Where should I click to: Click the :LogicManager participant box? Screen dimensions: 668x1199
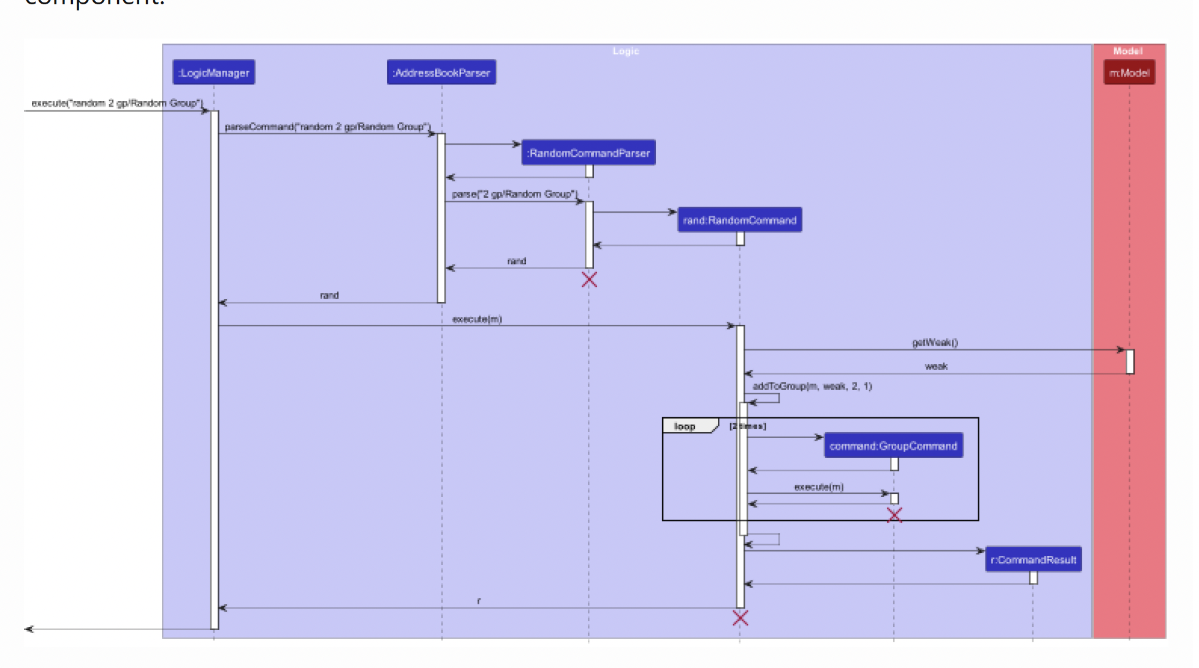pos(214,73)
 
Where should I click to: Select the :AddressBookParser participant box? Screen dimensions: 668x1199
pos(441,73)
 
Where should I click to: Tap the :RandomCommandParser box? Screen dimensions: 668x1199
pos(588,153)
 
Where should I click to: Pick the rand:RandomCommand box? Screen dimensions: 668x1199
pos(740,220)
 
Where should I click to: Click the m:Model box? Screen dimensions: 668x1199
pos(1129,73)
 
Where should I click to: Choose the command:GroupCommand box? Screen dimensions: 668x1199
pos(893,446)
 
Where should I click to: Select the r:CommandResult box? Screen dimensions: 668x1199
pos(1033,560)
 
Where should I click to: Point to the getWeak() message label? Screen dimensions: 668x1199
pos(935,343)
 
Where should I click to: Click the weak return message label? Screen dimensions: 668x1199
pos(936,366)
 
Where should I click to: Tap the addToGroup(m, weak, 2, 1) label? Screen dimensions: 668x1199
pos(812,386)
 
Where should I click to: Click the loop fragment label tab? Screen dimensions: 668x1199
pos(685,427)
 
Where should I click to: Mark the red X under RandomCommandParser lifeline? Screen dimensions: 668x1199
pos(589,280)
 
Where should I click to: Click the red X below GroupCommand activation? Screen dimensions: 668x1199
pos(894,515)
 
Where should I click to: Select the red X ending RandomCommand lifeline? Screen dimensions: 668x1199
pos(740,618)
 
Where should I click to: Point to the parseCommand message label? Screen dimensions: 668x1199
pos(327,127)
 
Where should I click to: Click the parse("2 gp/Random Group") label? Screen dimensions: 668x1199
pos(514,194)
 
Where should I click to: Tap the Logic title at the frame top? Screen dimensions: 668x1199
pos(626,51)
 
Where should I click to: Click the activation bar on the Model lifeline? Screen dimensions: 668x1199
pos(1130,362)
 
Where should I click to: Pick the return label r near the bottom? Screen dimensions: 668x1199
pos(479,601)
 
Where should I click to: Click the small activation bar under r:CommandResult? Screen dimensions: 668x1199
pos(1033,577)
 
